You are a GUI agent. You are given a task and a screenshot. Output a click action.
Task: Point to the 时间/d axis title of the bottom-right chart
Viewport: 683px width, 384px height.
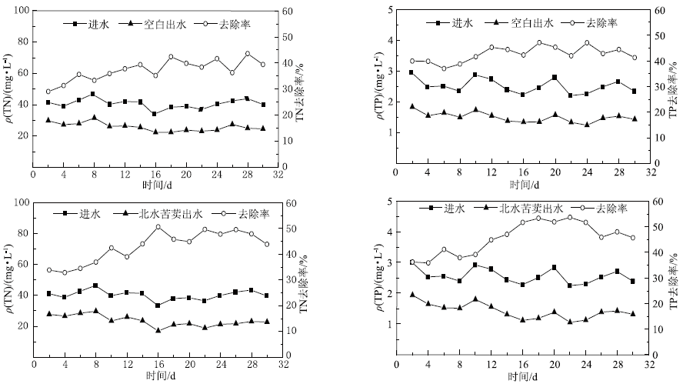click(523, 376)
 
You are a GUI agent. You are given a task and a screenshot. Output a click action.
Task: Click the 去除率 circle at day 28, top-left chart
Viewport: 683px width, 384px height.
click(248, 54)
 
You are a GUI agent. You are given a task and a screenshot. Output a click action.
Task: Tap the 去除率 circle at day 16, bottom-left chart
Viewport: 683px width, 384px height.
click(158, 226)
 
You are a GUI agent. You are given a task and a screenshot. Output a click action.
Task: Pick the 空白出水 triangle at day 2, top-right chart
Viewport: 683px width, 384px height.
click(411, 106)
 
